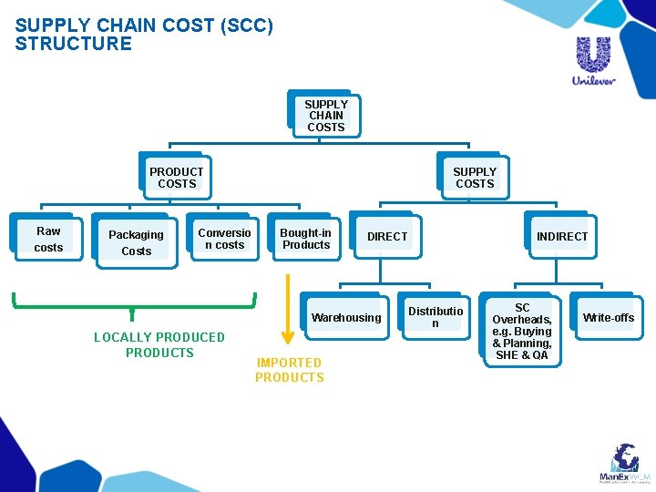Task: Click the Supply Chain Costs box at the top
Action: point(325,116)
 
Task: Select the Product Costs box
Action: point(176,178)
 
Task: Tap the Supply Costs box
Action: point(474,178)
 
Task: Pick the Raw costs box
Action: point(48,239)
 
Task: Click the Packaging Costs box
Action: point(136,242)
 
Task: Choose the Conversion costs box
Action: point(224,239)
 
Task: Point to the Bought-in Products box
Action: point(305,239)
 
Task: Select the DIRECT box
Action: point(386,237)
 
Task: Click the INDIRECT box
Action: point(561,237)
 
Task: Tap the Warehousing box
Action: point(345,318)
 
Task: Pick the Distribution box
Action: point(435,317)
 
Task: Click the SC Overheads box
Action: point(521,332)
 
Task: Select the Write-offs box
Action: point(608,318)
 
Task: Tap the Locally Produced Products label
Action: point(159,344)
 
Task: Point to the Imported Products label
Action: point(289,370)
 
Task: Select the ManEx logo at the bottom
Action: point(624,464)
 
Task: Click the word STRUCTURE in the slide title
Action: point(74,44)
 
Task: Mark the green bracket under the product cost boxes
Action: point(133,303)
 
